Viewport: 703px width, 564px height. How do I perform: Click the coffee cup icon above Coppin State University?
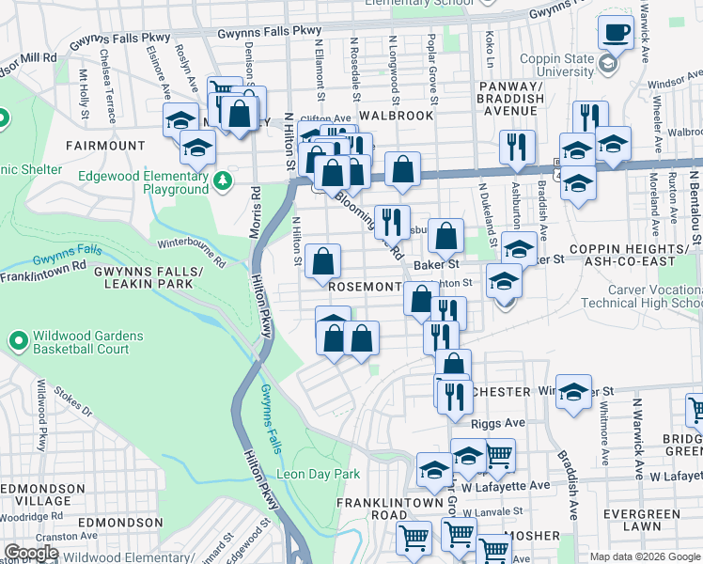click(616, 33)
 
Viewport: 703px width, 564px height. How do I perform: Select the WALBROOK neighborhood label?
click(396, 115)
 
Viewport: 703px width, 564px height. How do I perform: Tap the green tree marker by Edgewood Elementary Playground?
click(223, 180)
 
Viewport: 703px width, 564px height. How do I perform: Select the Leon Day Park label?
click(318, 474)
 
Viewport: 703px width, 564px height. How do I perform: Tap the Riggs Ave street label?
click(497, 424)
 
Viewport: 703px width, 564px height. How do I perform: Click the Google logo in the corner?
click(31, 553)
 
